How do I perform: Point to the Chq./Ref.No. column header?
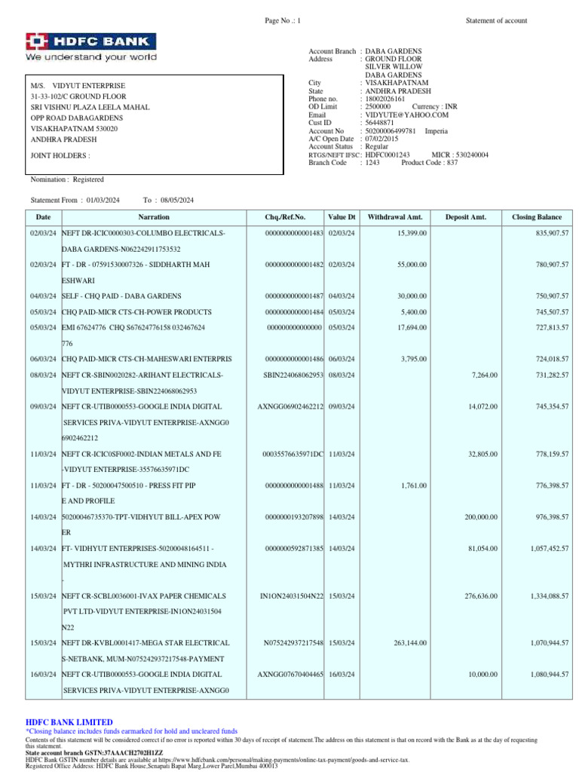coord(285,217)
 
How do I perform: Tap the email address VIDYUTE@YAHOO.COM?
coord(407,115)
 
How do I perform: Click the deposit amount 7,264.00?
coord(482,375)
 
